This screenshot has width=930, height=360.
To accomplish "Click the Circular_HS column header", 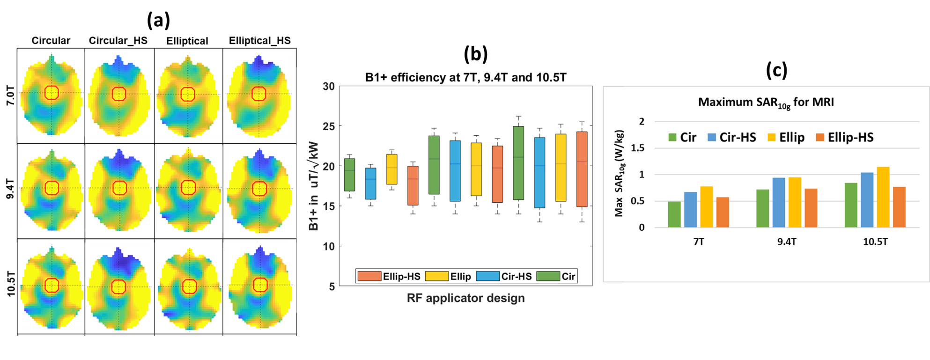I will (x=118, y=41).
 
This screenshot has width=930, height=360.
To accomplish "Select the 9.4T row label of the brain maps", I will (x=10, y=189).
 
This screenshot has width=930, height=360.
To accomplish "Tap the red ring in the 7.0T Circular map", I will (x=52, y=93).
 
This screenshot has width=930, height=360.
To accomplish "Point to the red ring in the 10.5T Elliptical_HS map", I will (x=260, y=285).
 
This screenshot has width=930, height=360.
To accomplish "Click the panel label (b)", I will (x=475, y=54).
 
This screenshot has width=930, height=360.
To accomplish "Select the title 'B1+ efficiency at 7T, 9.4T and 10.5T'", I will (x=465, y=77).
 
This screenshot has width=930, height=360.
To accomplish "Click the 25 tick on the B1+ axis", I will (x=329, y=126).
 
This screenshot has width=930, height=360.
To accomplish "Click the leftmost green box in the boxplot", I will (x=349, y=175).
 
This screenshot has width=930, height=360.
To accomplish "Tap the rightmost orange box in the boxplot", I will (x=582, y=169).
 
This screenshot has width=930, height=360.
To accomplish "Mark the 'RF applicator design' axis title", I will (x=465, y=298).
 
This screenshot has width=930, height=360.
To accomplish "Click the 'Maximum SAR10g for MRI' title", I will (x=766, y=103).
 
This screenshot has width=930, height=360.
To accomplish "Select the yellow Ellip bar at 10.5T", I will (x=883, y=197).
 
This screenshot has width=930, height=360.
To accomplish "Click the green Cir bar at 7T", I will (x=674, y=214).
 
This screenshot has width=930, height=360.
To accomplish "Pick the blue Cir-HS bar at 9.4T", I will (x=779, y=203).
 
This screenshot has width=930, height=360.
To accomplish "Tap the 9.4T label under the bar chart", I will (x=787, y=242).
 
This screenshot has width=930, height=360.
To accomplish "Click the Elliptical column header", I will (x=187, y=41).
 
